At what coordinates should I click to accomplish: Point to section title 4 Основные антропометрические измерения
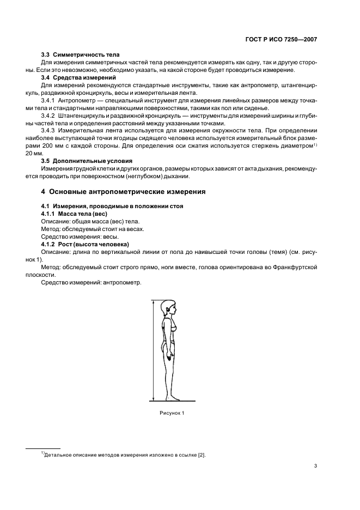pos(123,192)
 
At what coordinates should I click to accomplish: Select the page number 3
pos(315,466)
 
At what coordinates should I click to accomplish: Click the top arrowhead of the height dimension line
pos(153,301)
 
